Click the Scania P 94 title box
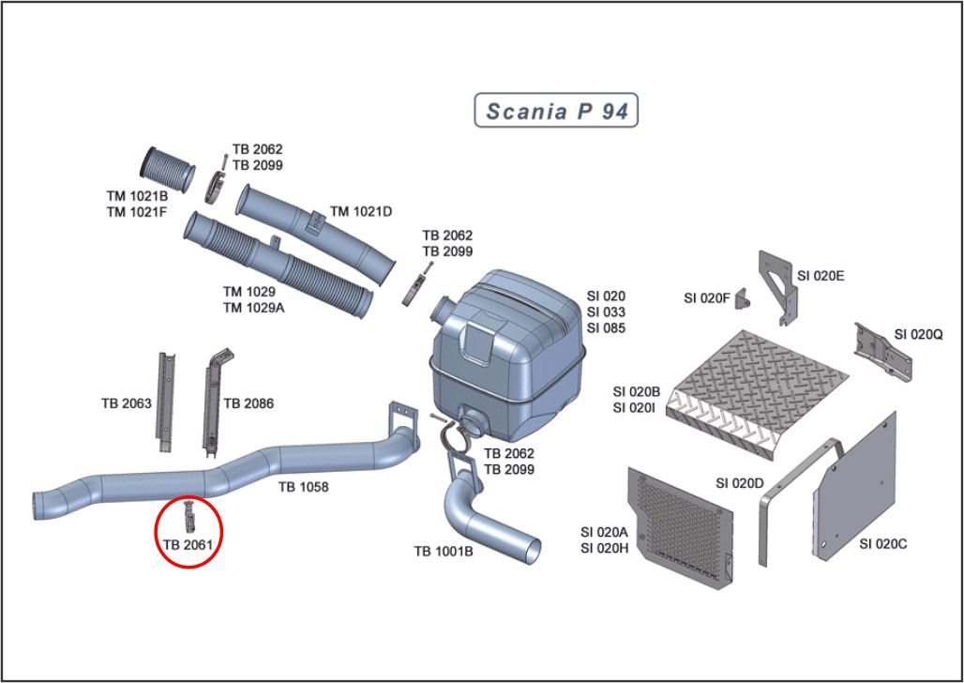pos(557,112)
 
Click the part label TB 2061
pos(188,543)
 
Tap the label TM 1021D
pos(361,212)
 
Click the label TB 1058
pos(302,488)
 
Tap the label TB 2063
pos(127,403)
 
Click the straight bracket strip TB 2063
pos(166,399)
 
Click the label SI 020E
pos(821,276)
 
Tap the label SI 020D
pos(740,483)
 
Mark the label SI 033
pos(606,312)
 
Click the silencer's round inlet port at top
pos(442,307)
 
